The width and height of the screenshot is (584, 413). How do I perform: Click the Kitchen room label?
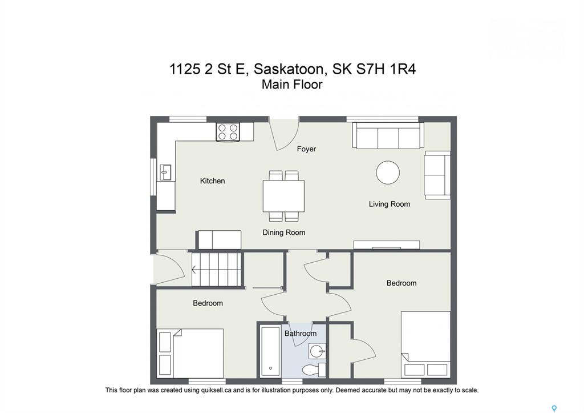tap(212, 181)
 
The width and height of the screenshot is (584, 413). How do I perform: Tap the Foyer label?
tap(306, 149)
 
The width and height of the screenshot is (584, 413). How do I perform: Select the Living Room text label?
tap(389, 204)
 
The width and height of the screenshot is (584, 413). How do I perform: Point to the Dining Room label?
tap(284, 232)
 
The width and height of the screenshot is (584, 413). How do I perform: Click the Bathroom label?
tap(300, 333)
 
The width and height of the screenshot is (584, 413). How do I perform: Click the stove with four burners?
tap(228, 132)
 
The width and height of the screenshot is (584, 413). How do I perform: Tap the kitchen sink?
tap(165, 173)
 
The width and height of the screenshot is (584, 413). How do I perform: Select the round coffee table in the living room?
tap(388, 173)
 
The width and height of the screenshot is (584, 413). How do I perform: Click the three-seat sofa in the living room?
tap(388, 135)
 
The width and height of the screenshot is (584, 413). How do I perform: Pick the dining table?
tap(283, 196)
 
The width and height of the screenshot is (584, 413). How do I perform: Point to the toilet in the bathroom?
tap(314, 370)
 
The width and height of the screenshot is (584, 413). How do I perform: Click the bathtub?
tap(270, 351)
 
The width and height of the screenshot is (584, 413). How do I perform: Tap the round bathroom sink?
tap(317, 351)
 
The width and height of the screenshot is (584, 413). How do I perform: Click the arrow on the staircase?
tap(194, 269)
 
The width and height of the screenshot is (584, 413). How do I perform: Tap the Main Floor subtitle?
tap(291, 85)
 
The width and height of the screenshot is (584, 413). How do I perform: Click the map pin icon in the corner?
tap(554, 408)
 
